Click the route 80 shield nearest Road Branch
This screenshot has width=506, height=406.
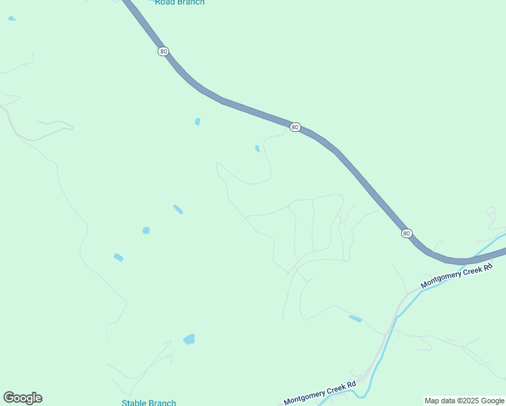point(163,51)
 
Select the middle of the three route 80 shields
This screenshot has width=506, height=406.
point(295,127)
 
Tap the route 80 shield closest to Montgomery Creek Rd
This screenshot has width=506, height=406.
point(406,233)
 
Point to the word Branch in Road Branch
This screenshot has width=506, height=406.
point(190,2)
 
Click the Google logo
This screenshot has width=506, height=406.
point(22,398)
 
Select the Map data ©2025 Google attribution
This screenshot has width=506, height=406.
point(464,401)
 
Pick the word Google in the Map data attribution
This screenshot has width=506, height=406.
point(491,401)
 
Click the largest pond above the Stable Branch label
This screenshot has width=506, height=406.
point(189,339)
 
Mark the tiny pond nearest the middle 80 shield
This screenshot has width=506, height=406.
point(257,149)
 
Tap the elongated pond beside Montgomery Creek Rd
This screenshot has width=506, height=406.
point(354,318)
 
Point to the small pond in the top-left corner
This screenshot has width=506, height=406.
point(11,18)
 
